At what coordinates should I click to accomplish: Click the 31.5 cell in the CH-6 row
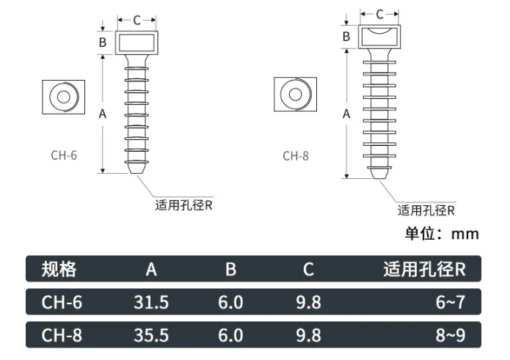coord(151,302)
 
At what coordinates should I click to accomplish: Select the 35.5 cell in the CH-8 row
coord(151,335)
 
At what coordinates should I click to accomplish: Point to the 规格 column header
coord(59,269)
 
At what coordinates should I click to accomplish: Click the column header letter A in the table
coord(151,269)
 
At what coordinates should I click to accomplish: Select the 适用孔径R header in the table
coord(424,269)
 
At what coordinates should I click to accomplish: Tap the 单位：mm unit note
coord(442,234)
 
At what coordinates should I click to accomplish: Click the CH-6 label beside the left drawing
coord(64,155)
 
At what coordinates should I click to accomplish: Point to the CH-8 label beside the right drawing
coord(296,155)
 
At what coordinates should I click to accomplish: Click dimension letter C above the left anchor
coord(136,20)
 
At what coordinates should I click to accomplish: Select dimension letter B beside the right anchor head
coord(346,36)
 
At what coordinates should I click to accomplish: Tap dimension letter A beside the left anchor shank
coord(102,114)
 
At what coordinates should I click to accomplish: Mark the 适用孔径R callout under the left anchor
coord(183,205)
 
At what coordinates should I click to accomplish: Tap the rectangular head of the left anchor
coord(137,42)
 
